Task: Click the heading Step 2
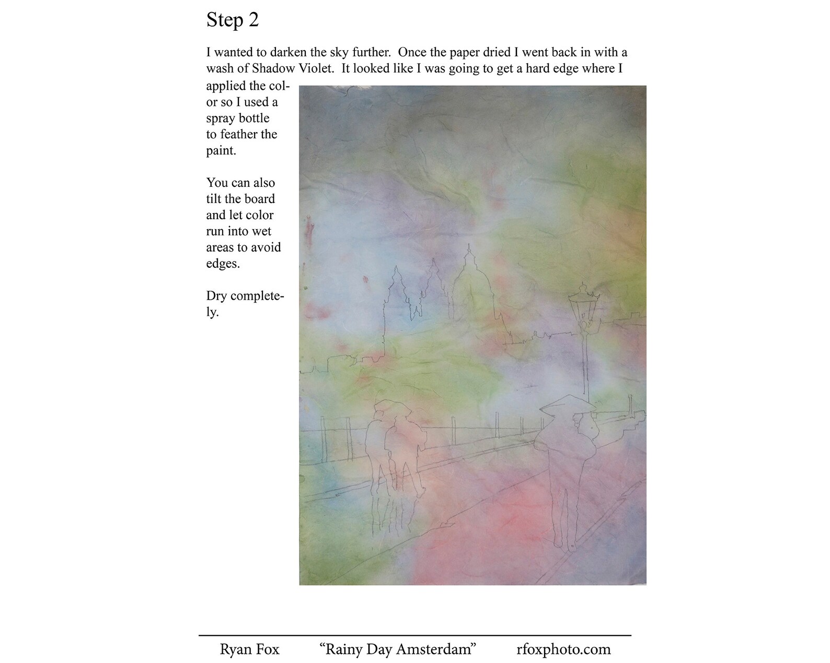[233, 20]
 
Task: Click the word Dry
[216, 296]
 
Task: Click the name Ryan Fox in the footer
[249, 649]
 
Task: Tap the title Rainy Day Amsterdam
[397, 649]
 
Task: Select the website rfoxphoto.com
[563, 649]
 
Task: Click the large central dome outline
[469, 282]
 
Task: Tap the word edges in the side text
[223, 264]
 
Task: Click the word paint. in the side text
[221, 151]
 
